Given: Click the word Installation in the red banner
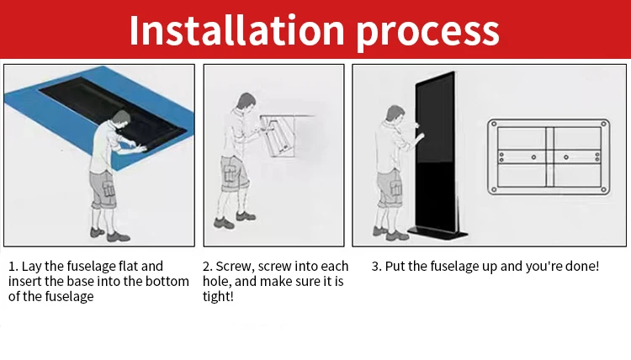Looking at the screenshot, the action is tap(237, 30).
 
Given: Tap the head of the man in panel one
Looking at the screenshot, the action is tap(121, 119).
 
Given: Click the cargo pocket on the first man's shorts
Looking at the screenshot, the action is tap(108, 188).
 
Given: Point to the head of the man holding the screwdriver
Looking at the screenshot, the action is tap(246, 102).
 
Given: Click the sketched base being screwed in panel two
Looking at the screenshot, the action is tap(280, 135).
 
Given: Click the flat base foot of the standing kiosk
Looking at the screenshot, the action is tap(437, 233).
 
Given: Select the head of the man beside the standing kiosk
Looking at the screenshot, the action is tap(395, 114).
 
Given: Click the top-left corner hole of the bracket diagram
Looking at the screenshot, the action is tap(494, 124).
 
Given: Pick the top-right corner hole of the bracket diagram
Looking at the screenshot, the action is tap(603, 124).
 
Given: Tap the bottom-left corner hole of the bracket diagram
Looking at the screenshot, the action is tap(494, 190).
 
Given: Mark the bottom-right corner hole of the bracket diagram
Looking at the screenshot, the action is tap(603, 190).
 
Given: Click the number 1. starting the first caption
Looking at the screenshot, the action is tap(13, 267).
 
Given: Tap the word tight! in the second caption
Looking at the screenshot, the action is tap(218, 297).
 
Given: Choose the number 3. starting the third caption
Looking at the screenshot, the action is tap(376, 267).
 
